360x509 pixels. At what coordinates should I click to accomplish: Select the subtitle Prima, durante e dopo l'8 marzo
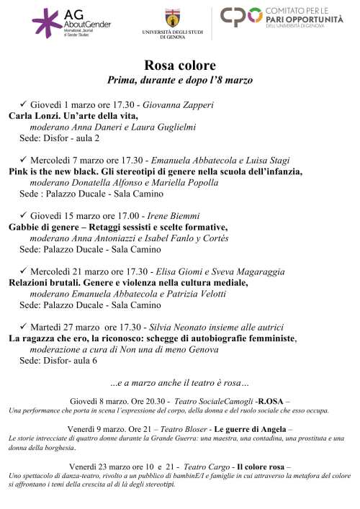(x=179, y=81)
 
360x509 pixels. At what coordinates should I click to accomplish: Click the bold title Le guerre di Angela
(x=250, y=430)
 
